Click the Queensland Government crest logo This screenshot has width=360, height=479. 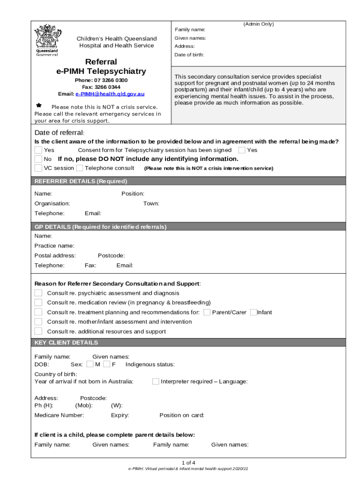pos(47,39)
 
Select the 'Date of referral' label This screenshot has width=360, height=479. pos(59,133)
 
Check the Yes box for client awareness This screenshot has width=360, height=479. pos(38,150)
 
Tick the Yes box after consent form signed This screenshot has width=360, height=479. pos(242,150)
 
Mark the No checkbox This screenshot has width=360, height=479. pos(38,159)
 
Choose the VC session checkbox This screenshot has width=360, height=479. pos(38,168)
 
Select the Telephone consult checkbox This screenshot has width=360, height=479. pos(79,168)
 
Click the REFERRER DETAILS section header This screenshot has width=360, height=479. pos(81,181)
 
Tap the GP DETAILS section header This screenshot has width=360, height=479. pos(101,227)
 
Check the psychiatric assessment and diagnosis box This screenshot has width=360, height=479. pos(38,293)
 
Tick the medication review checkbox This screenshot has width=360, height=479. pos(38,303)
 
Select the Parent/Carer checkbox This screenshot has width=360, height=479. pos(207,312)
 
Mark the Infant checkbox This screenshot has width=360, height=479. pos(253,312)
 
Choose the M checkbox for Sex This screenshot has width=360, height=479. pos(90,364)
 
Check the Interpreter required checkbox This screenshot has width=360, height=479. pos(156,381)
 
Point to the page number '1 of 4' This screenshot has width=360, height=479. pos(189,463)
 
